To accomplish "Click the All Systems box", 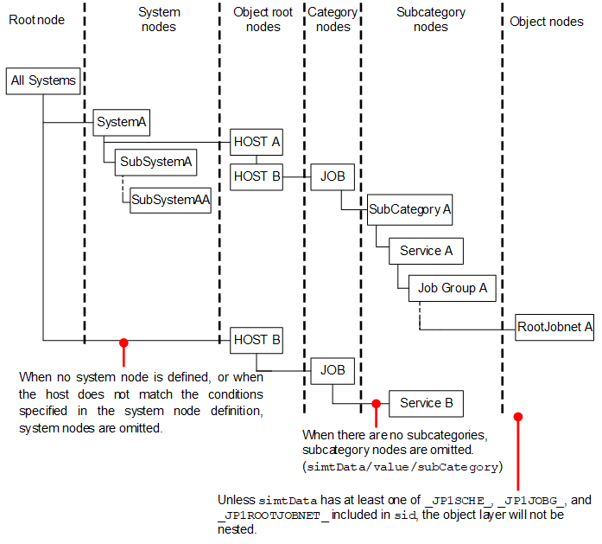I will pos(43,80).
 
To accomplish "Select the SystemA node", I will pos(121,122).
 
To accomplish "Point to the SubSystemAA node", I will pos(170,200).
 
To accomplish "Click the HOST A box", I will pos(257,142).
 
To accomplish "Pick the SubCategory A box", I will pos(410,208).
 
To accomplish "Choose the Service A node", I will pos(426,251).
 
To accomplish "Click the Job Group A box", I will pos(453,288).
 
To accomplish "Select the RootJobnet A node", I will pos(554,327).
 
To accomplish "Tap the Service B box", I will pos(426,403).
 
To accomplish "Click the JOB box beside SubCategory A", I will pos(333,176).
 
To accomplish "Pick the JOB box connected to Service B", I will pos(333,370).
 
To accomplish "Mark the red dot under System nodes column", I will pos(124,342).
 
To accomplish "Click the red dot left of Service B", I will pos(376,403).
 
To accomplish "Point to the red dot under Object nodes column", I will pos(518,416).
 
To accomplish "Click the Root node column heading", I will pos(36,20).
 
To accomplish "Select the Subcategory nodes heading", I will pos(430,20).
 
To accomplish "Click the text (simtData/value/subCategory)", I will pos(402,467).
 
